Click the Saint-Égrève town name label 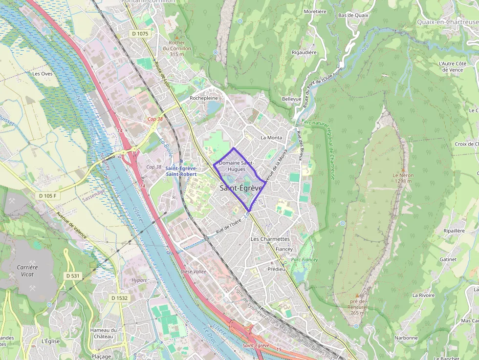tap(241, 188)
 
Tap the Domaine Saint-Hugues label tap(237, 166)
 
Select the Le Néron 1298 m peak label tap(403, 178)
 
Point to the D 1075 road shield tap(139, 33)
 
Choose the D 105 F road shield tap(48, 196)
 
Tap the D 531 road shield tap(72, 276)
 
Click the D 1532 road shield tap(119, 298)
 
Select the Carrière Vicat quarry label tap(27, 271)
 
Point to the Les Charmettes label tap(270, 239)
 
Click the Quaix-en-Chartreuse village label tap(447, 22)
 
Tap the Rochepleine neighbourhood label tap(203, 98)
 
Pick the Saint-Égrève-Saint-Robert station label tap(181, 171)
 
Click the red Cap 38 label tap(155, 119)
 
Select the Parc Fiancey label tap(305, 260)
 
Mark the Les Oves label tap(42, 74)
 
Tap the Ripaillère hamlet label tap(454, 231)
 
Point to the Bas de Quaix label tap(353, 15)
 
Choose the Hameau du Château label tap(103, 333)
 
